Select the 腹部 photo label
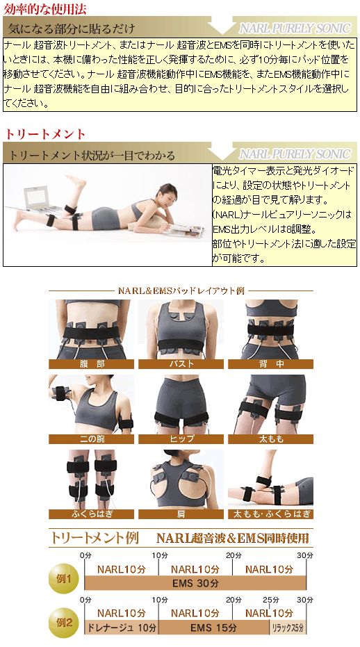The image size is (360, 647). pos(91,363)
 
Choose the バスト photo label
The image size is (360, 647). pos(181,363)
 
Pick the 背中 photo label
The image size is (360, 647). pos(270,363)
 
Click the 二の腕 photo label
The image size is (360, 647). pos(91,439)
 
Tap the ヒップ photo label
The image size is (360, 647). pos(181,439)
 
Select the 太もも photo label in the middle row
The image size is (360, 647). pos(270,439)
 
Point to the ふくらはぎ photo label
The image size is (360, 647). pos(91,514)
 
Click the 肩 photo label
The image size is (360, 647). pos(181,514)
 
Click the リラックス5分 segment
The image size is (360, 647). pos(287,627)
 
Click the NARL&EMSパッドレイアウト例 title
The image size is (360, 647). pos(180,290)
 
